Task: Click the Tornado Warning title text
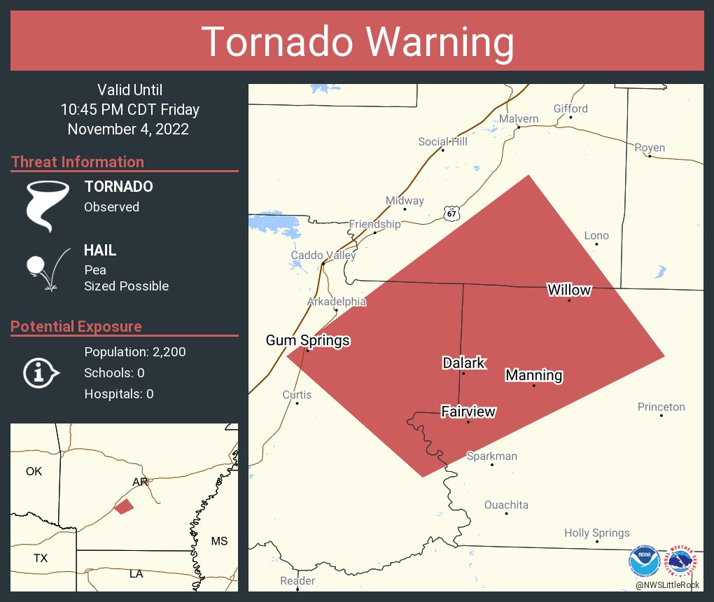(x=358, y=42)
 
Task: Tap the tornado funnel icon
(x=48, y=205)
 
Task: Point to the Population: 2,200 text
(x=135, y=352)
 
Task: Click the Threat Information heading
(x=78, y=162)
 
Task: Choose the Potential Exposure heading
(x=76, y=326)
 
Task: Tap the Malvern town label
(x=519, y=118)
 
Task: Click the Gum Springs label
(x=307, y=341)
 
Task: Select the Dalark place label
(x=463, y=363)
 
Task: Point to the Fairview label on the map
(x=468, y=412)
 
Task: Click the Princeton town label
(x=661, y=407)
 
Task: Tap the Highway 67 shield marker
(x=452, y=213)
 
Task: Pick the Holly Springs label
(x=596, y=533)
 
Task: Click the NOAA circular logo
(x=643, y=560)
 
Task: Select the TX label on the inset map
(x=41, y=558)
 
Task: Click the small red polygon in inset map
(x=124, y=506)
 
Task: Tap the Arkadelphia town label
(x=336, y=302)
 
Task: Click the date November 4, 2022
(x=128, y=129)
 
